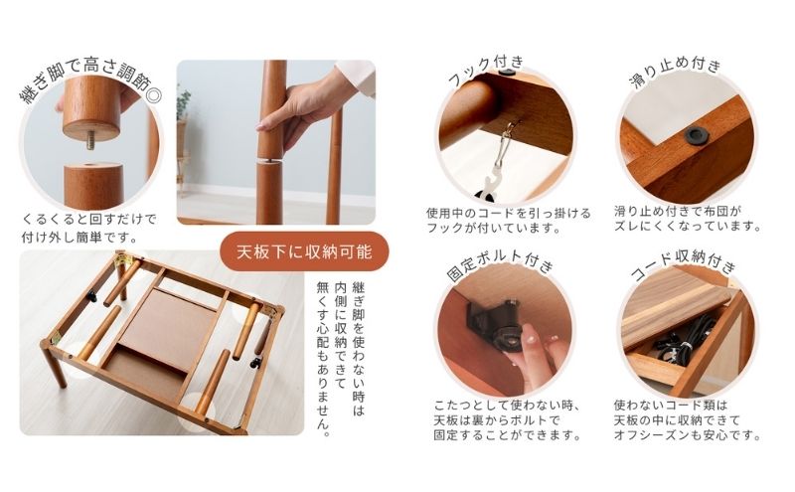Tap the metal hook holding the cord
(x=513, y=130)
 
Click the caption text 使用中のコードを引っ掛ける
(x=508, y=213)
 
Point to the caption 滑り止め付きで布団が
(x=686, y=213)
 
